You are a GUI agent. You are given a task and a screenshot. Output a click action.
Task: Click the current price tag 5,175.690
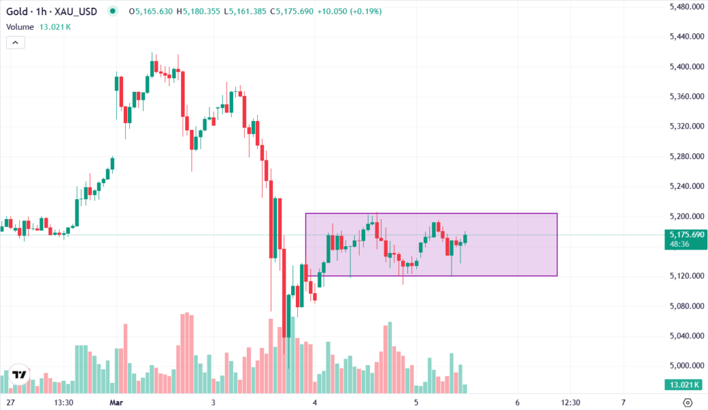tap(683, 235)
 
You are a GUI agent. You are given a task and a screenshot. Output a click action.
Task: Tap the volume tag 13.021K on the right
tap(683, 385)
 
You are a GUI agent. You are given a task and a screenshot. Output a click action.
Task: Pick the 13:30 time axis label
tap(63, 402)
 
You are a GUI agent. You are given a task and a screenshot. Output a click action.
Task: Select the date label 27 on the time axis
tap(11, 402)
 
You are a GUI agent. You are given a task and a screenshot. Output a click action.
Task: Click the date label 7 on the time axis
tap(623, 402)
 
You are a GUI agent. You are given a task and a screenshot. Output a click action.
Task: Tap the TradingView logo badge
tap(20, 374)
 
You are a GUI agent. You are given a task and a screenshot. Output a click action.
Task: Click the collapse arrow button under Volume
tap(16, 42)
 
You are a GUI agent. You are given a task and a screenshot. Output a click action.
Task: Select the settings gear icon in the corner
tap(687, 402)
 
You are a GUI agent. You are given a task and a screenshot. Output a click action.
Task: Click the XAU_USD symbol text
tap(77, 12)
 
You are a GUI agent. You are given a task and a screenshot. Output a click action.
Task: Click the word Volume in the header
tap(20, 27)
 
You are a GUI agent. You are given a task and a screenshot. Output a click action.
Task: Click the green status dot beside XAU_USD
tap(113, 12)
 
